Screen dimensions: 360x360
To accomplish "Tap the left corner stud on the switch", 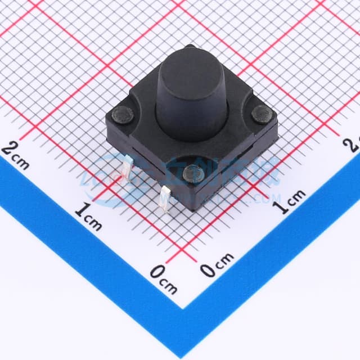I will [123, 116].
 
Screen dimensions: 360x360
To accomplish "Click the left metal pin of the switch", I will [128, 168].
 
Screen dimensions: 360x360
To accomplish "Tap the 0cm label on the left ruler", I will [163, 278].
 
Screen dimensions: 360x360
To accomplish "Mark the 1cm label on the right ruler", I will [289, 201].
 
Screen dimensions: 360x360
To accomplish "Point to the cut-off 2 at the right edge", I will [354, 143].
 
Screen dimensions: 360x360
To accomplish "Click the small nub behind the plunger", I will [191, 48].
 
